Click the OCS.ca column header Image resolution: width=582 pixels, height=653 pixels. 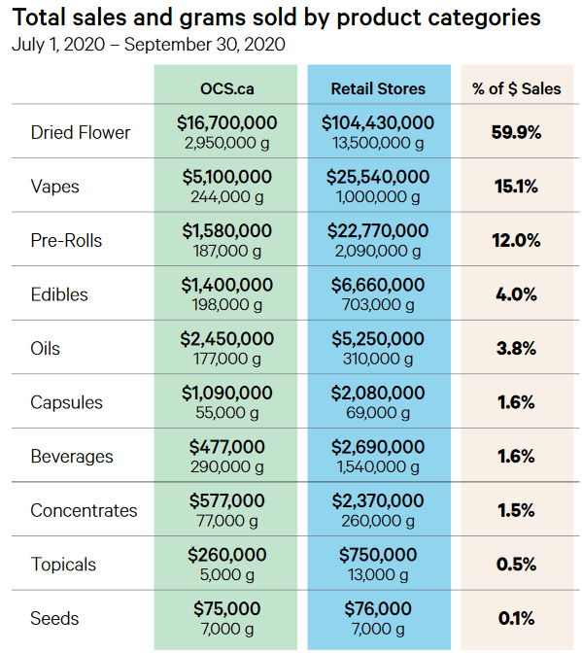(227, 88)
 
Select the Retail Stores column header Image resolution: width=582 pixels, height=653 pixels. (378, 88)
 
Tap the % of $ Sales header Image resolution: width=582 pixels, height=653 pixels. (516, 88)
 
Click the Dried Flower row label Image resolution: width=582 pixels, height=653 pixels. (81, 132)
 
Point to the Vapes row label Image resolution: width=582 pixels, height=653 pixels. (55, 187)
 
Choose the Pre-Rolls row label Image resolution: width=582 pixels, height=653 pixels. (66, 240)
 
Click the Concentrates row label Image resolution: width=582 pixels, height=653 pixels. (84, 510)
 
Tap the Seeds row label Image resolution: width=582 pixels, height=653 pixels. (54, 618)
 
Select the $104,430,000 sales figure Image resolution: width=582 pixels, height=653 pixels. (378, 122)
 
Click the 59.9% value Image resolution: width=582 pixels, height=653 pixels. (516, 132)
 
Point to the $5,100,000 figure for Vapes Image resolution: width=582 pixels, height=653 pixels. (227, 177)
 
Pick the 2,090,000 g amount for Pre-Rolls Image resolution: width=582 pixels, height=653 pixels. (378, 251)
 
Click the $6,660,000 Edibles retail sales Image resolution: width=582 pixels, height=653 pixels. (378, 285)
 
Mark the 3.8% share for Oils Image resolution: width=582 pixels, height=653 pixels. (516, 348)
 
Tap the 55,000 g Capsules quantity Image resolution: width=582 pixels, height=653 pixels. (227, 413)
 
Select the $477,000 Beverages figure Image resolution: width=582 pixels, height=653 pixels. (227, 447)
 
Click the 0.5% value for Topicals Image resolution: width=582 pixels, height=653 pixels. (516, 565)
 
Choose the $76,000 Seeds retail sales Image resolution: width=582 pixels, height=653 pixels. (378, 609)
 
